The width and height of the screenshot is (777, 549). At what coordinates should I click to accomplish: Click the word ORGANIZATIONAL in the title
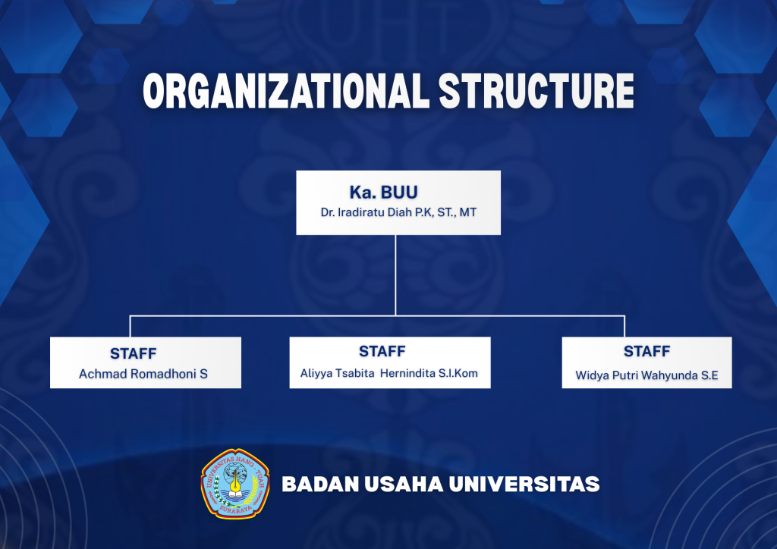click(285, 90)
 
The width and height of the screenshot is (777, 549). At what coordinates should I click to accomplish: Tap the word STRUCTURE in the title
click(536, 90)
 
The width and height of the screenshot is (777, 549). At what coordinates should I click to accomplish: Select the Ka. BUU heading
click(383, 192)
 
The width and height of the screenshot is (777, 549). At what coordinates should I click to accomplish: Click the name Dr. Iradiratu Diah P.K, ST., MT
click(398, 212)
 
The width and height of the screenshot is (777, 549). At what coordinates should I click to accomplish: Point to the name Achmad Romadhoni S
click(143, 374)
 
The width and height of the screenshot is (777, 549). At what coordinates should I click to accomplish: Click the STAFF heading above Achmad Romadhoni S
click(134, 353)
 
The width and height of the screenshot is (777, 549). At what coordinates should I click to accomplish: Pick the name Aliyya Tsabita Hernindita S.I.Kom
click(389, 373)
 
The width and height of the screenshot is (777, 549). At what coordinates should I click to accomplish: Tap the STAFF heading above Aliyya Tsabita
click(382, 352)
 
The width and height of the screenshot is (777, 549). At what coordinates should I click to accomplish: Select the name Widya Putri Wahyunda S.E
click(646, 375)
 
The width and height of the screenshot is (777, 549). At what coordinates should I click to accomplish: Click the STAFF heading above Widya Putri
click(646, 352)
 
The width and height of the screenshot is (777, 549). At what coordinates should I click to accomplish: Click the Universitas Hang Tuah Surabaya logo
click(235, 484)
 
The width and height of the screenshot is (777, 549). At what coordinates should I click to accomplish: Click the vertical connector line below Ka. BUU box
click(395, 274)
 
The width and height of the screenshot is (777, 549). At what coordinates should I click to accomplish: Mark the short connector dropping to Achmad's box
click(130, 326)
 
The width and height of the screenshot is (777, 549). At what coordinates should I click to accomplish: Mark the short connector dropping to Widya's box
click(624, 326)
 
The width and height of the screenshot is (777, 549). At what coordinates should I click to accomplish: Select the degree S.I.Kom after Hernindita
click(458, 373)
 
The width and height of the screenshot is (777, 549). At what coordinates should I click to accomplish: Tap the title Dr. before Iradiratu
click(328, 212)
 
